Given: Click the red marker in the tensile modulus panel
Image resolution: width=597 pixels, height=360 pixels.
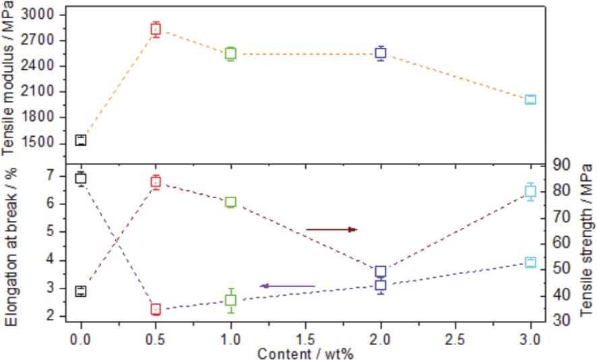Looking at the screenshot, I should click(156, 29).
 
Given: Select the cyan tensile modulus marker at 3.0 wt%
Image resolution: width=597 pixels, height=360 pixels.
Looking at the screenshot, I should click(530, 100).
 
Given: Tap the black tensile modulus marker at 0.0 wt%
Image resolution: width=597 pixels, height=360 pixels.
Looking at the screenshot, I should click(81, 140).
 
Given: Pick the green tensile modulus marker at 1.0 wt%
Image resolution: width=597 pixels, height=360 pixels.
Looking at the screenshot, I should click(230, 53).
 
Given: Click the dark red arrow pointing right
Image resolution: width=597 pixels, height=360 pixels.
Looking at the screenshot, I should click(331, 230).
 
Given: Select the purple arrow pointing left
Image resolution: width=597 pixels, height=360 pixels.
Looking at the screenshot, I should click(287, 286).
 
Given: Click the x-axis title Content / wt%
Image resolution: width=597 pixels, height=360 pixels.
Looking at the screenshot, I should click(305, 352).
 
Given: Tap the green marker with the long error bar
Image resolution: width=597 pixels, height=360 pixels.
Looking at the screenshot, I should click(230, 301).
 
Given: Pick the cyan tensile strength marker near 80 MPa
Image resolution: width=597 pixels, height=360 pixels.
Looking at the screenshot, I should click(530, 191).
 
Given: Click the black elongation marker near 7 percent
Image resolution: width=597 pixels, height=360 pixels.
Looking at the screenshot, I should click(81, 178).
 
